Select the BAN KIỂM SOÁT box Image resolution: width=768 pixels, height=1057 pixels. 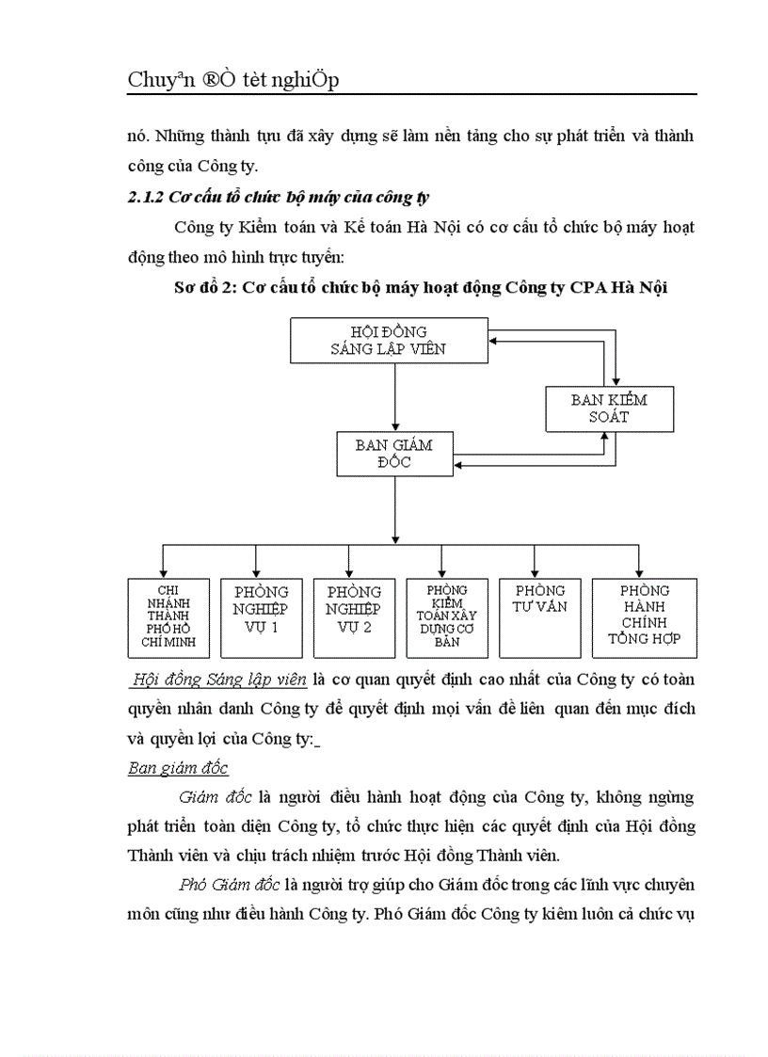609,408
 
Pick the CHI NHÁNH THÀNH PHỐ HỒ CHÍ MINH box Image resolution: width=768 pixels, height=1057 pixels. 162,617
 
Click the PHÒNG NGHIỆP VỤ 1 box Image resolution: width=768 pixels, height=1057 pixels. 261,617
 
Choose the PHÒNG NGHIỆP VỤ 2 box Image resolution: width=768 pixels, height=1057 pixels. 354,617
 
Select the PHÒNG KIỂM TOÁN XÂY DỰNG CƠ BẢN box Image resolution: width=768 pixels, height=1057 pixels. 447,617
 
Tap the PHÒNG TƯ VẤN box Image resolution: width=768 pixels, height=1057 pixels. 535,617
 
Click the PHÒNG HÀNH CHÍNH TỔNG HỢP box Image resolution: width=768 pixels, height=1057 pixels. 644,617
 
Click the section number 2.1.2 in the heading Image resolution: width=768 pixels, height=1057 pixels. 146,199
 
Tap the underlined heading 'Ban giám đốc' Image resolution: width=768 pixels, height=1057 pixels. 178,768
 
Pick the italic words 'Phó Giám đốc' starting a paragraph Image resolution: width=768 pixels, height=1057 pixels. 222,885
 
